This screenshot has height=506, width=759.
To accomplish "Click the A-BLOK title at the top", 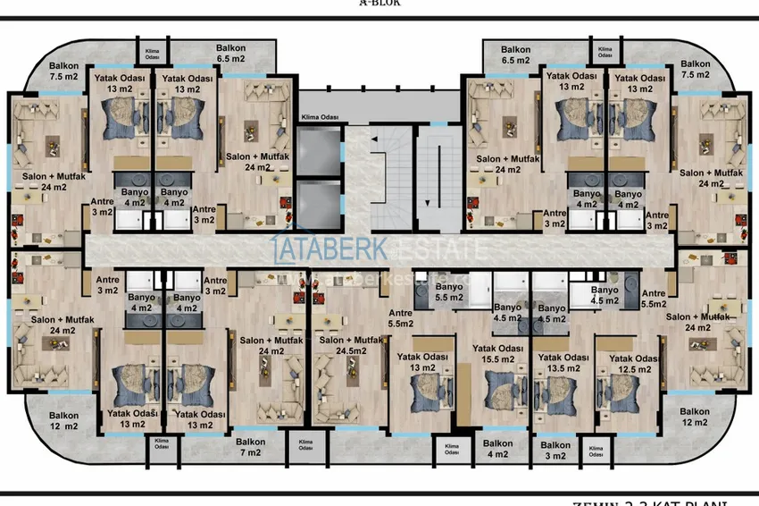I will click(x=379, y=4).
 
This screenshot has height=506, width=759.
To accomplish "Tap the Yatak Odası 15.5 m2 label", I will click(x=498, y=353).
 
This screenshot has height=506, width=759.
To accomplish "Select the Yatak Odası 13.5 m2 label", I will click(x=562, y=361).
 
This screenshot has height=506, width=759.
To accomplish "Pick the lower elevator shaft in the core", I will click(x=320, y=203).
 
